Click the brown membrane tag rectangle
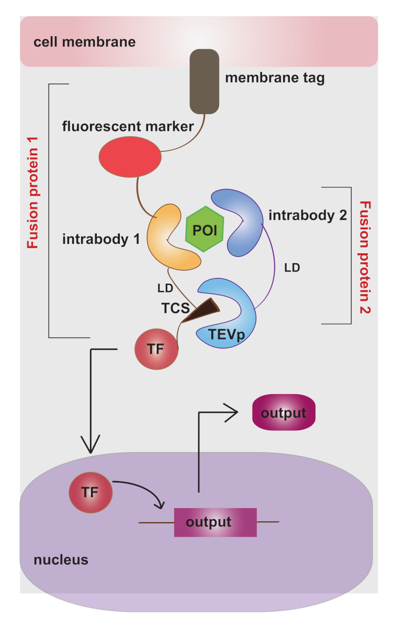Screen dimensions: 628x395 (x=204, y=81)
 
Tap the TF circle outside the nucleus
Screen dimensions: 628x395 (x=156, y=349)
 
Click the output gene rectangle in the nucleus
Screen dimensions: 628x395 (x=216, y=522)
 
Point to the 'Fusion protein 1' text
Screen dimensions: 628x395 (x=33, y=204)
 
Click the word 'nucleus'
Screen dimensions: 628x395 (x=61, y=560)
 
